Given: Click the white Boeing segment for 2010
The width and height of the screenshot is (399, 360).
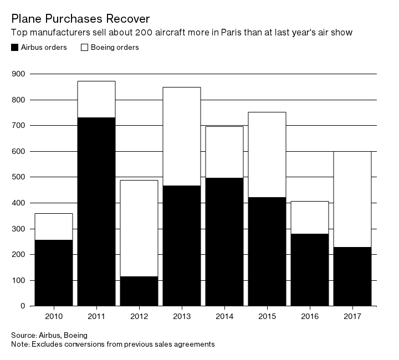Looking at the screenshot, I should [54, 227].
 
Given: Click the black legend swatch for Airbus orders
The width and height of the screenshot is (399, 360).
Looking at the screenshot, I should [15, 48].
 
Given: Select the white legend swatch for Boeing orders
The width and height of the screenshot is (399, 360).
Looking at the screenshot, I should [85, 48].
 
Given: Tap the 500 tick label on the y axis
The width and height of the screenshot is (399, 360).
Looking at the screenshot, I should [18, 177].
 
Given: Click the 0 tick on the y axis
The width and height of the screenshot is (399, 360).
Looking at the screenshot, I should [23, 306].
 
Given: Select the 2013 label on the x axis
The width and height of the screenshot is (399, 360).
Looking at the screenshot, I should [182, 317].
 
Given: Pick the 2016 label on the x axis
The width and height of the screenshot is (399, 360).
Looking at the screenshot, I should [309, 317].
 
